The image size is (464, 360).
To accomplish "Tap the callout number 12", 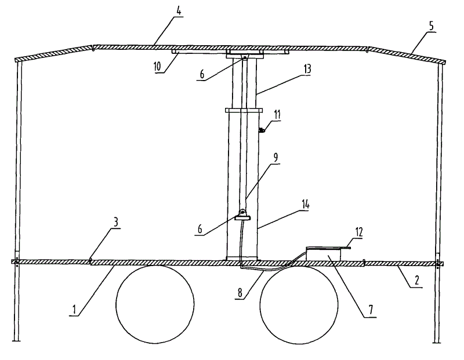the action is click(359, 232).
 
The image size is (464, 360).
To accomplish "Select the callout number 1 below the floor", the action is click(74, 311).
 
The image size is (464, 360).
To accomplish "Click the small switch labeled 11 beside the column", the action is click(262, 130).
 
